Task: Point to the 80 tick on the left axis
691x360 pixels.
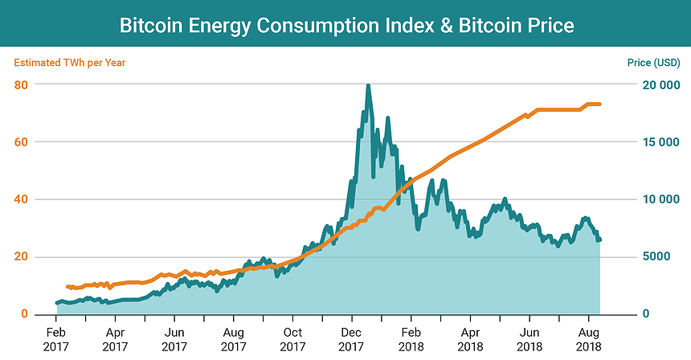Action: pos(22,84)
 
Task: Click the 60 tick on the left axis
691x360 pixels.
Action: pos(22,142)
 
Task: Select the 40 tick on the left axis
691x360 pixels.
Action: pos(22,199)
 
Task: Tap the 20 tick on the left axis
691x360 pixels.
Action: pos(22,257)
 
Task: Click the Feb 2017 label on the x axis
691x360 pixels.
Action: pos(56,337)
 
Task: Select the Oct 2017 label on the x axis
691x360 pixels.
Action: pos(292,337)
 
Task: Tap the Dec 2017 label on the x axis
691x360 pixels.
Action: pos(352,337)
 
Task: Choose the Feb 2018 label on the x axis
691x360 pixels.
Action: pos(411,337)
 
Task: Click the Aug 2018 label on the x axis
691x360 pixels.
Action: pos(588,337)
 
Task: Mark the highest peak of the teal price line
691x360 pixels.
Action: pos(368,85)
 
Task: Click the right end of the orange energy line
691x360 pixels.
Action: pos(600,104)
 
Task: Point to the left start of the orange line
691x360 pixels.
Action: pos(67,286)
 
